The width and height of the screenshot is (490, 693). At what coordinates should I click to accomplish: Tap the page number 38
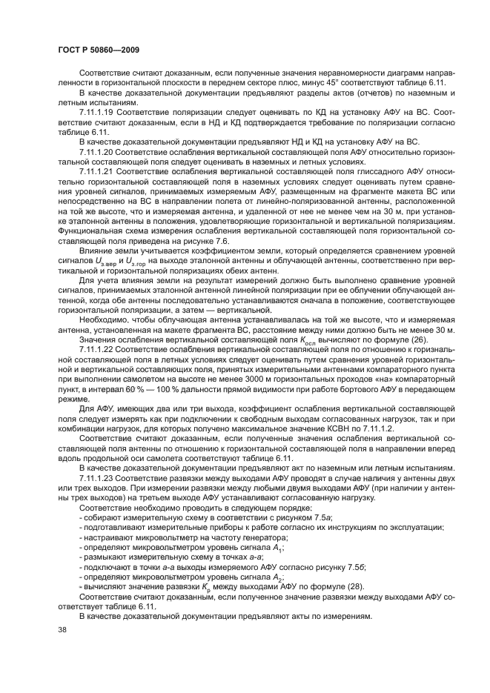[62, 629]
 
